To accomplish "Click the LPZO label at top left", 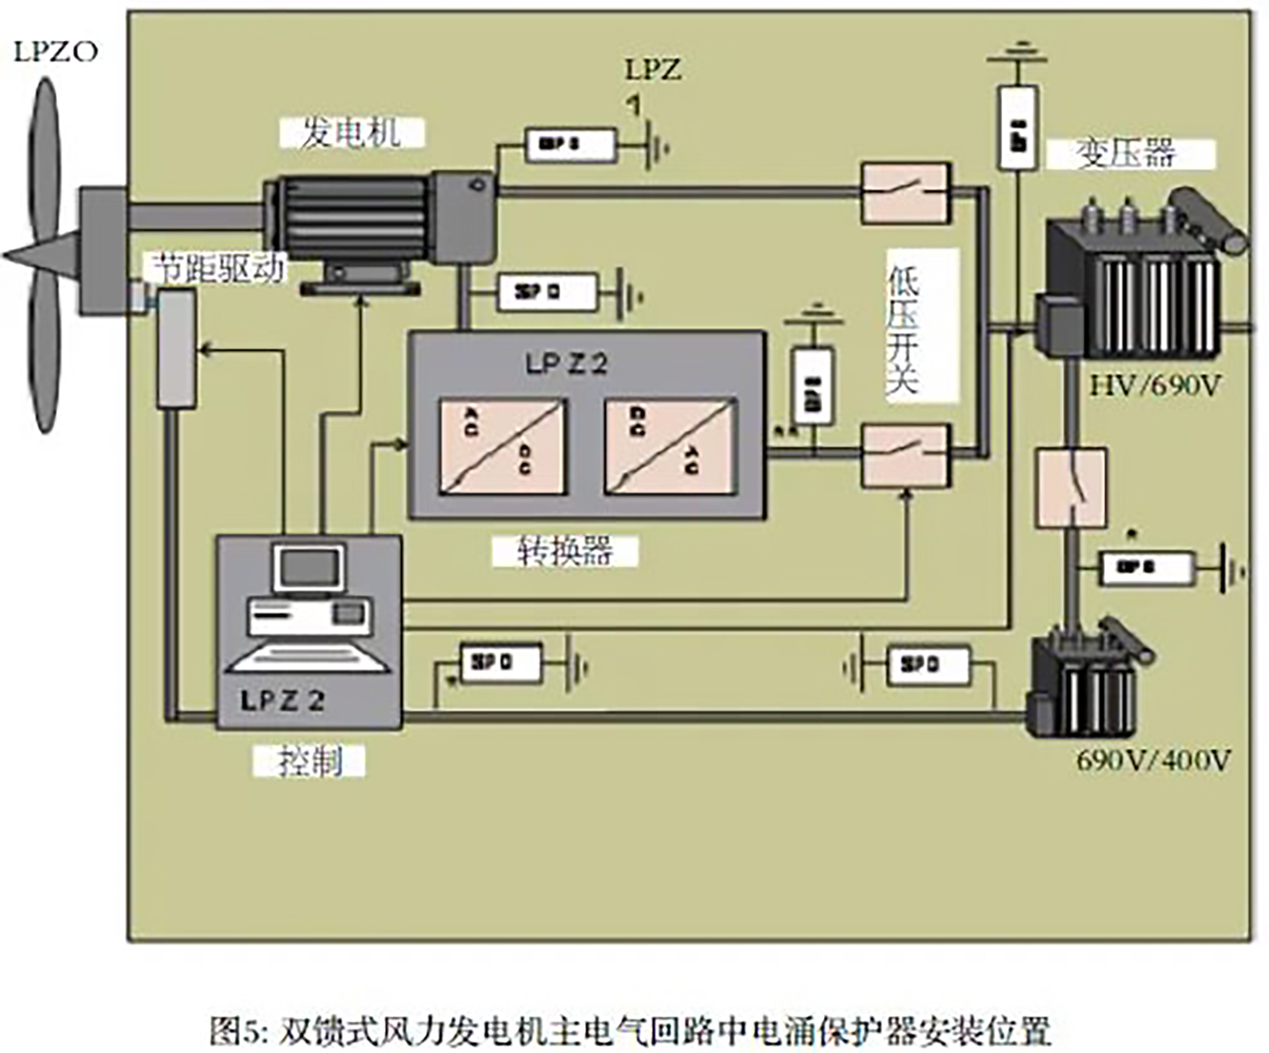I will click(x=55, y=52).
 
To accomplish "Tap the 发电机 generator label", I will click(x=351, y=133).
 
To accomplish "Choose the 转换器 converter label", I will click(x=564, y=551).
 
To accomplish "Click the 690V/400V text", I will click(x=1153, y=761).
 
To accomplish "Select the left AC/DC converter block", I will click(x=503, y=447).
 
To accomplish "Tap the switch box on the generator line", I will click(x=905, y=193).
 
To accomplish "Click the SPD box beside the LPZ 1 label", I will click(x=570, y=145).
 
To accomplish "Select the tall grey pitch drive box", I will click(x=177, y=349).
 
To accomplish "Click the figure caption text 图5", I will click(x=630, y=1028).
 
